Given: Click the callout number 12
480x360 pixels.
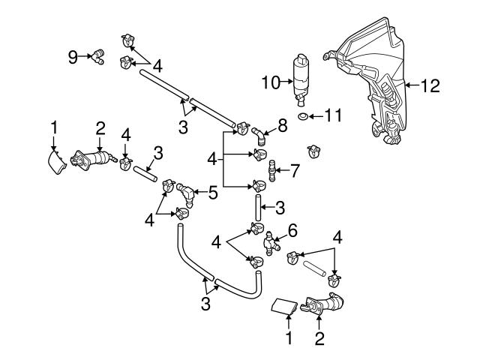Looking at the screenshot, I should (430, 86).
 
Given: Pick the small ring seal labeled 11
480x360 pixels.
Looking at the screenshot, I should (301, 118).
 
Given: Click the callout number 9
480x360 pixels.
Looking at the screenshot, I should (73, 57).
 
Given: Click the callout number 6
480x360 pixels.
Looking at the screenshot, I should (292, 230).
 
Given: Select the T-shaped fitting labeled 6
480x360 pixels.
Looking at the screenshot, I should (272, 242).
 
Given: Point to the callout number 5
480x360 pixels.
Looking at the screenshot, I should (213, 193).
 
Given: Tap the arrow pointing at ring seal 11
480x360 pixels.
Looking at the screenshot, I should (316, 117).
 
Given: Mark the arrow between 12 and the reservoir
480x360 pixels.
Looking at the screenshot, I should (411, 86).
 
